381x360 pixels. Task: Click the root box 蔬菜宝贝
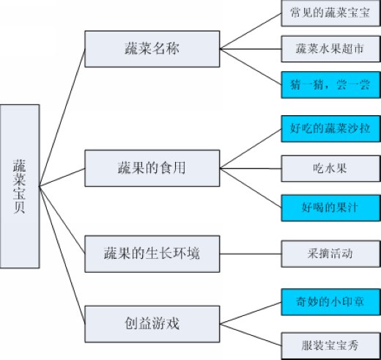tap(20, 186)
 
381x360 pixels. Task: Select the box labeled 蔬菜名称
tap(152, 49)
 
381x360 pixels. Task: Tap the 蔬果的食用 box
tap(152, 168)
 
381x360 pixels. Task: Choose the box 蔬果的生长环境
tap(152, 254)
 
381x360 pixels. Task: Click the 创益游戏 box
tap(152, 324)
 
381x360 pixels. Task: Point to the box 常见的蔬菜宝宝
tap(330, 13)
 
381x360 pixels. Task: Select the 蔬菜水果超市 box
tap(330, 49)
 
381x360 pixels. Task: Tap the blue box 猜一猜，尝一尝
tap(330, 85)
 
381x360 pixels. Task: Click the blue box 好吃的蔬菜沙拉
tap(330, 128)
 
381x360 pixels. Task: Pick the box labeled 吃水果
tap(330, 169)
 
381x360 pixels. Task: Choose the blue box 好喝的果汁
tap(330, 208)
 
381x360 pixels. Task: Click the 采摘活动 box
tap(330, 254)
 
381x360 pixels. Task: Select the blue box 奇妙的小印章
tap(330, 302)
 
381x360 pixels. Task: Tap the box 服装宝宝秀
tap(330, 345)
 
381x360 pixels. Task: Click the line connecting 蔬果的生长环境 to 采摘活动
tap(251, 254)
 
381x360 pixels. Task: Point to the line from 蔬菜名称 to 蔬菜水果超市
tap(251, 49)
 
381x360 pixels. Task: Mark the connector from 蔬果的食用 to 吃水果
tap(251, 169)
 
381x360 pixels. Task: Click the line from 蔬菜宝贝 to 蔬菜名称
tap(62, 117)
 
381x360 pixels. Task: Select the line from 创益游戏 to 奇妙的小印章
tap(251, 313)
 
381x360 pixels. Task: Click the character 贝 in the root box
tap(19, 207)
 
